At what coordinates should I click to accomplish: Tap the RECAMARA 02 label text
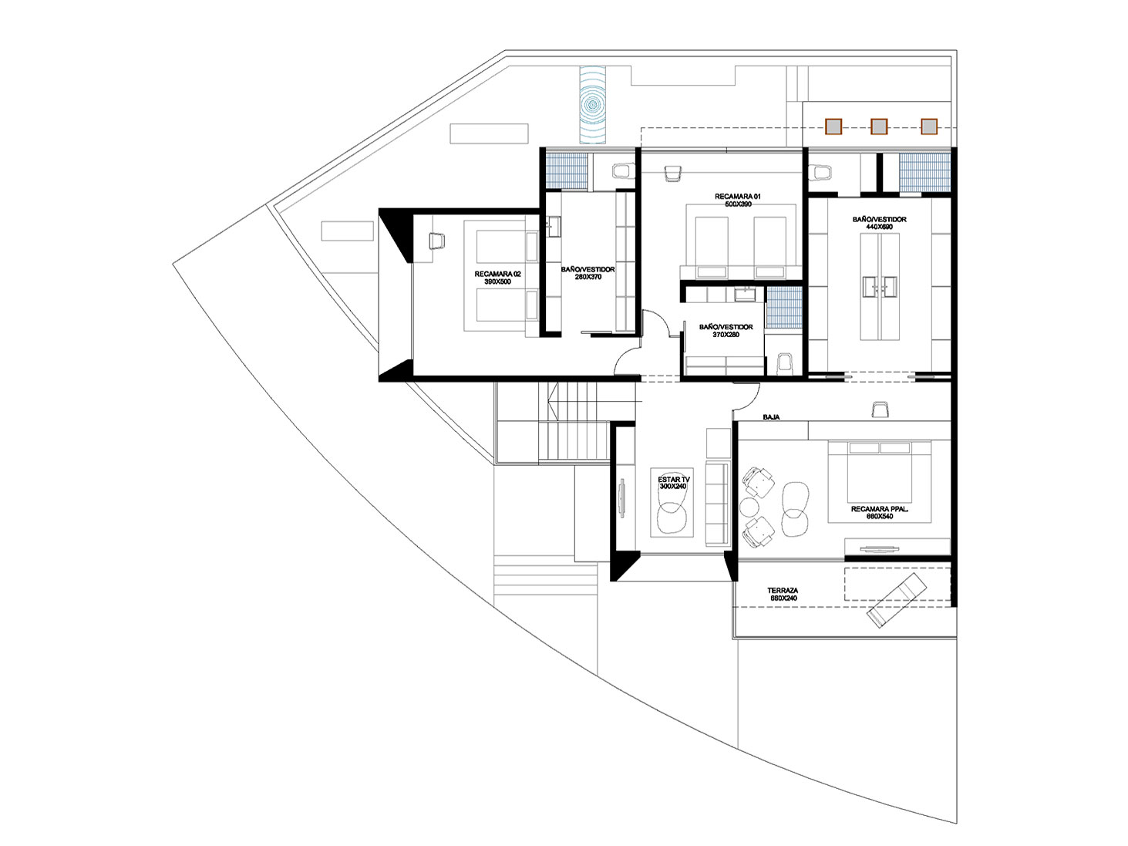click(x=497, y=278)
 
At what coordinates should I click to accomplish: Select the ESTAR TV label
click(x=673, y=483)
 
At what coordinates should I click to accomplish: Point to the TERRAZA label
click(x=782, y=594)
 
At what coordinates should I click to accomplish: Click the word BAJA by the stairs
click(x=771, y=417)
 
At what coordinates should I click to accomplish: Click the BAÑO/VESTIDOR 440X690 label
click(x=879, y=223)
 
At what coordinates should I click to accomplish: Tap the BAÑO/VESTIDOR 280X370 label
click(x=588, y=273)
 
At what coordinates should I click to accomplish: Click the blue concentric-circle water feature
click(x=593, y=104)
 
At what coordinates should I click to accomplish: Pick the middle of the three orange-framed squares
click(x=879, y=126)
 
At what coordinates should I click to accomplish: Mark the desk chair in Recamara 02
click(x=436, y=241)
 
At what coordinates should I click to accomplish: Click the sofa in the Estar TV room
click(x=717, y=504)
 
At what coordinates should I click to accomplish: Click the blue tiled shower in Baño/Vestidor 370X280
click(x=783, y=308)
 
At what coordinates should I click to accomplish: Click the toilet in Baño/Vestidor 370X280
click(x=785, y=363)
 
